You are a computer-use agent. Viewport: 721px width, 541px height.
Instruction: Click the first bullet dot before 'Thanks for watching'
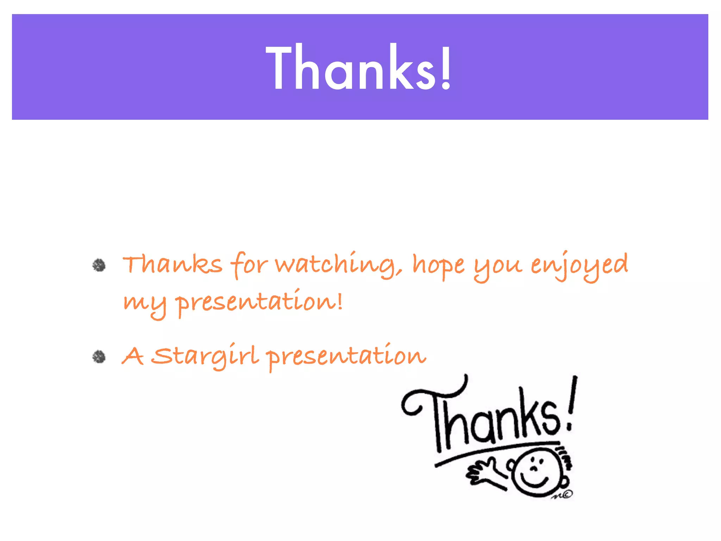coord(99,265)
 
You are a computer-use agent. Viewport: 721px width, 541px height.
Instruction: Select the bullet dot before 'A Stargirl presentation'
coord(99,357)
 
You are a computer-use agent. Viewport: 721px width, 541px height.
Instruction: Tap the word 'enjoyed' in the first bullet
coord(579,265)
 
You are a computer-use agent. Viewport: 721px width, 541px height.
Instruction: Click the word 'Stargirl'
coord(206,356)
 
